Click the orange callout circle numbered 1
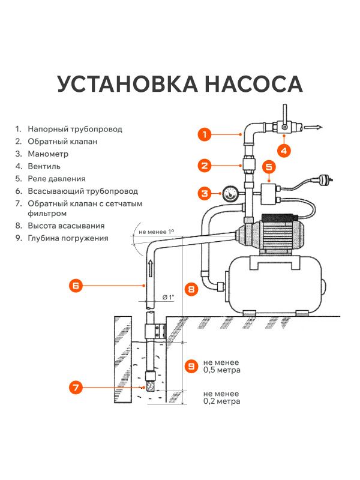205,134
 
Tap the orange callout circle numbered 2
205,165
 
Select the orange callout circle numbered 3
205,193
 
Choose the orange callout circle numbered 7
76,388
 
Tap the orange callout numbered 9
191,365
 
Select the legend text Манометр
46,154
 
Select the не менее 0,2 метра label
222,397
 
